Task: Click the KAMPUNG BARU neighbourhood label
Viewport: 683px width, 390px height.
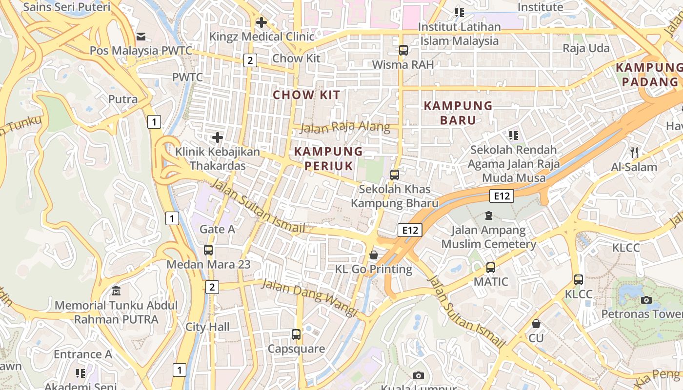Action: (x=451, y=113)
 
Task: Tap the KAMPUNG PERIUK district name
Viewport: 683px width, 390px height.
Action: (x=329, y=158)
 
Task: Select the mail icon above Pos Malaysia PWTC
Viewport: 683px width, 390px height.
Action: (x=141, y=36)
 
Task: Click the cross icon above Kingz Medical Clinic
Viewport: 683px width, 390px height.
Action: (x=261, y=22)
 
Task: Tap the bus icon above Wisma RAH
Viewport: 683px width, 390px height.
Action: (x=403, y=50)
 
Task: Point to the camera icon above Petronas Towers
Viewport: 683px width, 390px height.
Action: (x=646, y=300)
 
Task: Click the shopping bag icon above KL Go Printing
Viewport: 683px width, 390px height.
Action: (x=374, y=254)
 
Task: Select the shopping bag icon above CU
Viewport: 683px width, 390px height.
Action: (x=536, y=324)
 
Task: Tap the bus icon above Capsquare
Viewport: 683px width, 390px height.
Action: (x=296, y=334)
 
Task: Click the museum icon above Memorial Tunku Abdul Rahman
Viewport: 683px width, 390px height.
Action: (x=116, y=292)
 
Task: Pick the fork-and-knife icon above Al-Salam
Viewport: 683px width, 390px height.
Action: (x=634, y=153)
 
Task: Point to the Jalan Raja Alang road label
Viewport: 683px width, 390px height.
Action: (x=345, y=128)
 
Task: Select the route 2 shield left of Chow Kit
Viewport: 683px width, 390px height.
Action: (x=250, y=60)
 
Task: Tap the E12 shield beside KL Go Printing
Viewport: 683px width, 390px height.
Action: (x=409, y=230)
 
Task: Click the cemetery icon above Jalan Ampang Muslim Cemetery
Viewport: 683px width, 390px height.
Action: (x=489, y=215)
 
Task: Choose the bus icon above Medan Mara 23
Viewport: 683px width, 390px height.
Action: (x=208, y=250)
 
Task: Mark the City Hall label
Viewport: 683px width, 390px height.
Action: (x=207, y=327)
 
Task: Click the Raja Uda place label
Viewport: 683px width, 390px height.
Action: (x=586, y=48)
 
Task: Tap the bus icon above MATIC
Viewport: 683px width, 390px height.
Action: (x=491, y=268)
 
